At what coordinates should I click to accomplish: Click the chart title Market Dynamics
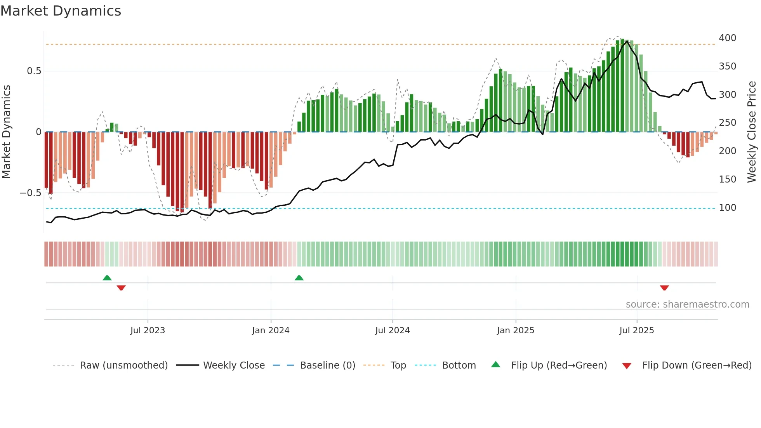[61, 11]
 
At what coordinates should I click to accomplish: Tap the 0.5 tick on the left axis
[34, 71]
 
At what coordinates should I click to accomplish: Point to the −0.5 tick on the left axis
[31, 193]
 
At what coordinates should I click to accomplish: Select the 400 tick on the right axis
[727, 38]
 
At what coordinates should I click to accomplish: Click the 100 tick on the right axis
[727, 208]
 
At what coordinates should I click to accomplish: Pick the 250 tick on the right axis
[727, 123]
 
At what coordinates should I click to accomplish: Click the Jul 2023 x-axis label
[148, 331]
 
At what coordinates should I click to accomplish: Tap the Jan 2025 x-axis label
[515, 331]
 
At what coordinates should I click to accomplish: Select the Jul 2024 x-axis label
[392, 331]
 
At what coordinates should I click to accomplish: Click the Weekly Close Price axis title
[752, 132]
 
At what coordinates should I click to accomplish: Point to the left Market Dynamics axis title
[6, 132]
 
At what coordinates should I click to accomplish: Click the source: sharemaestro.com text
[687, 304]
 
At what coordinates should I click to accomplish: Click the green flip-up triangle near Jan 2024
[299, 278]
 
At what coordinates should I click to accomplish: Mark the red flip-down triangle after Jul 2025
[664, 288]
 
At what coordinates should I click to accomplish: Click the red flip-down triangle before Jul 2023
[121, 288]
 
